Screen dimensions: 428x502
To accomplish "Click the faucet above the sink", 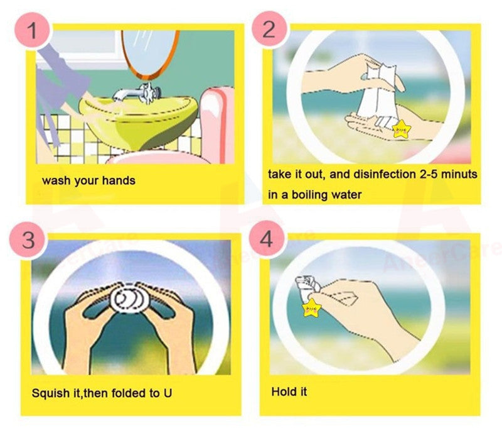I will click(x=135, y=94).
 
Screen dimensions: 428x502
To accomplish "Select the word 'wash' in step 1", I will click(x=55, y=180).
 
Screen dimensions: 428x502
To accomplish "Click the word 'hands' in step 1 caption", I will click(x=119, y=180).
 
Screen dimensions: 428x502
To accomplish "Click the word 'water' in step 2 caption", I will click(x=348, y=194).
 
